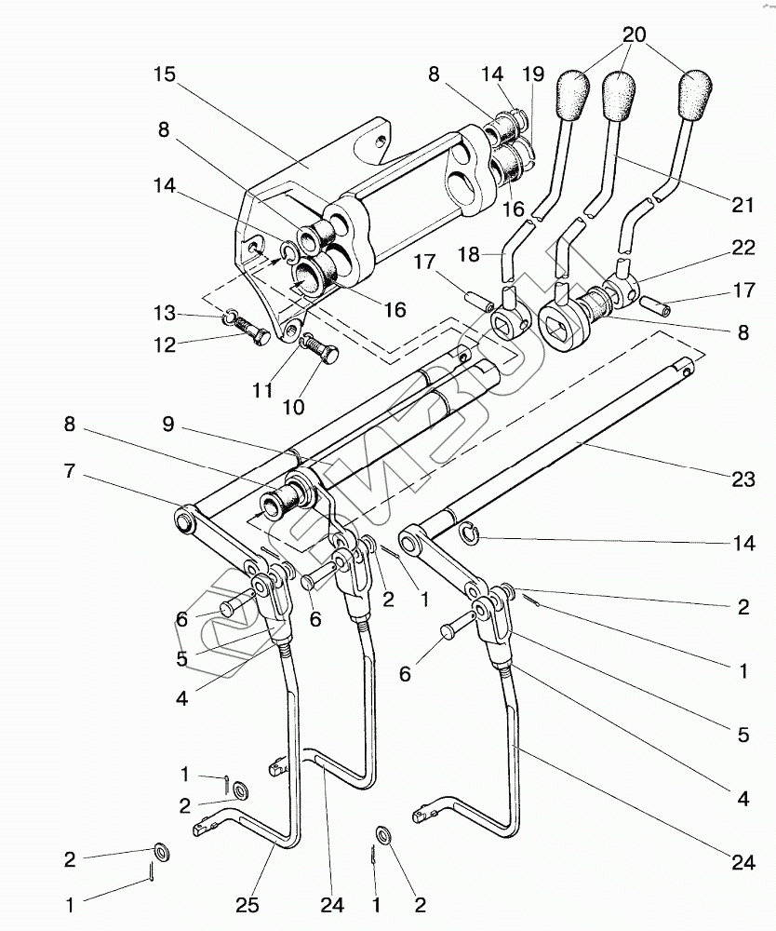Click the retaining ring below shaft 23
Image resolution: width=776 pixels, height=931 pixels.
pyautogui.click(x=468, y=532)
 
